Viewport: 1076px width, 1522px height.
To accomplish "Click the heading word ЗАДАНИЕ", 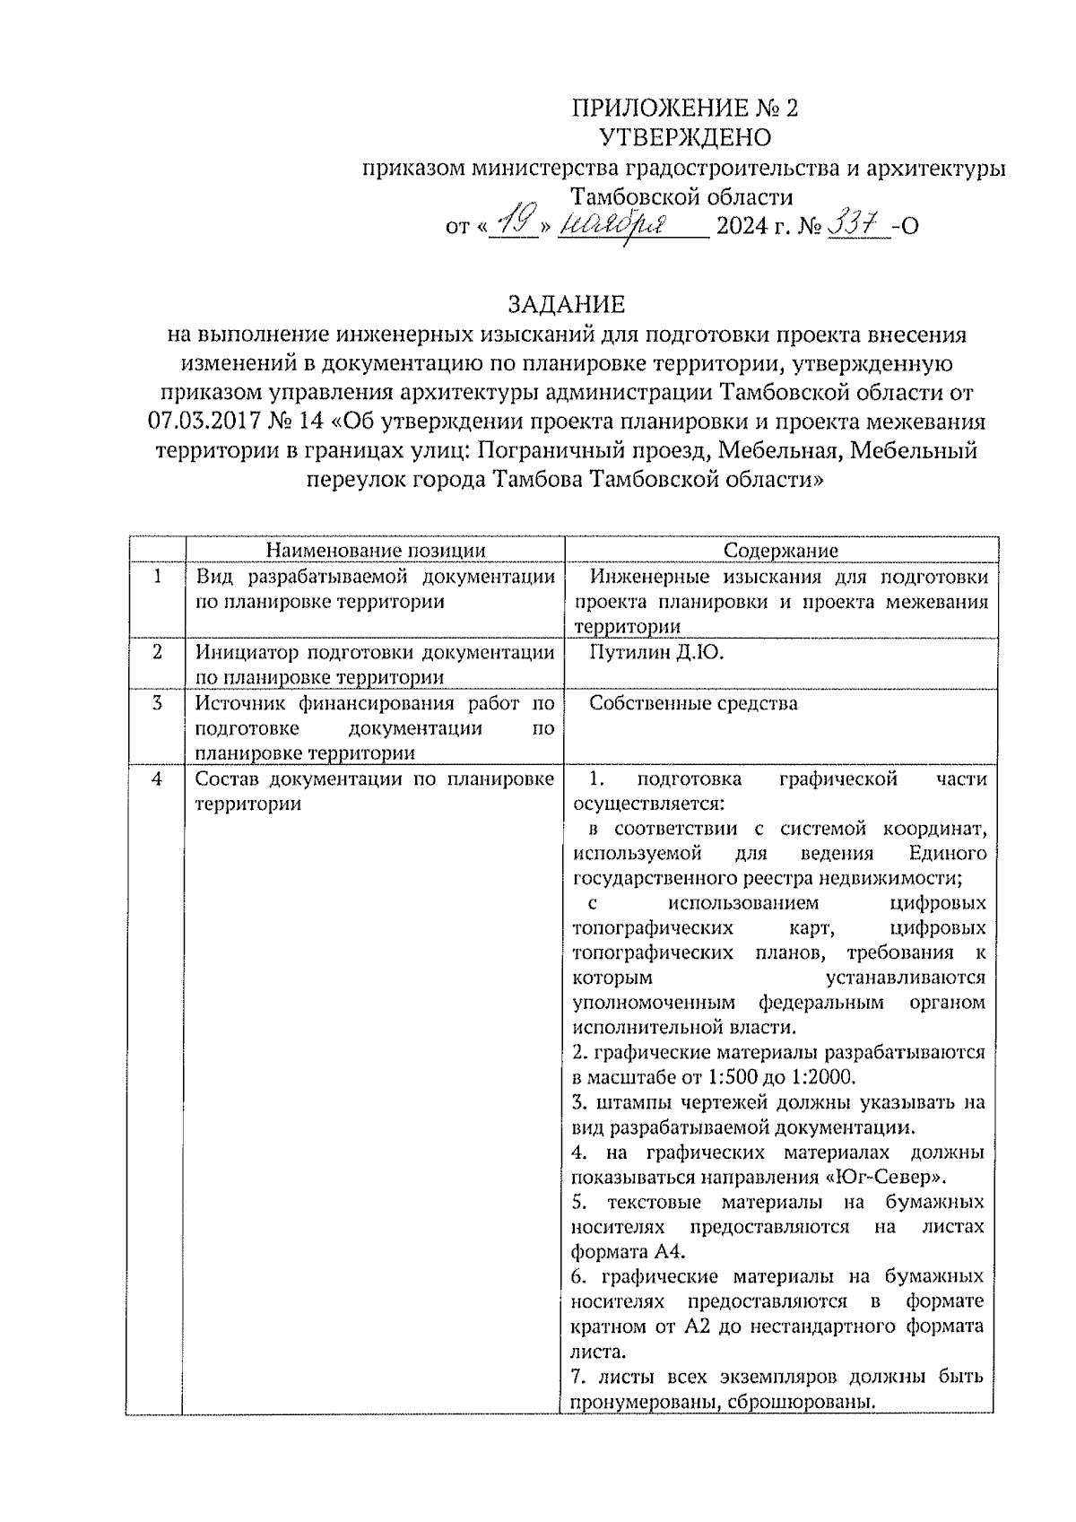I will [566, 305].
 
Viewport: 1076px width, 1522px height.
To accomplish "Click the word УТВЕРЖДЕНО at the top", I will [685, 137].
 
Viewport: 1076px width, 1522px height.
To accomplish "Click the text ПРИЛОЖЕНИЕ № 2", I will [685, 108].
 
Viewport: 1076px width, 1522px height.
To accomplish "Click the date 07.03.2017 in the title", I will [200, 422].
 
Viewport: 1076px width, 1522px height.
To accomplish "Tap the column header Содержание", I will [780, 551].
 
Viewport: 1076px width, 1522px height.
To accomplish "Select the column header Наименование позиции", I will [376, 551].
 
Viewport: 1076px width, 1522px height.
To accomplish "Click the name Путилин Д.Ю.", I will [656, 653].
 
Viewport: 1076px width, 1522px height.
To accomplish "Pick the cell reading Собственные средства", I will [693, 703].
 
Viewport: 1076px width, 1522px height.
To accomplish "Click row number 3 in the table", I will [157, 703].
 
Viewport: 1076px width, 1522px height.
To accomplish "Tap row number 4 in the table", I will [157, 779].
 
